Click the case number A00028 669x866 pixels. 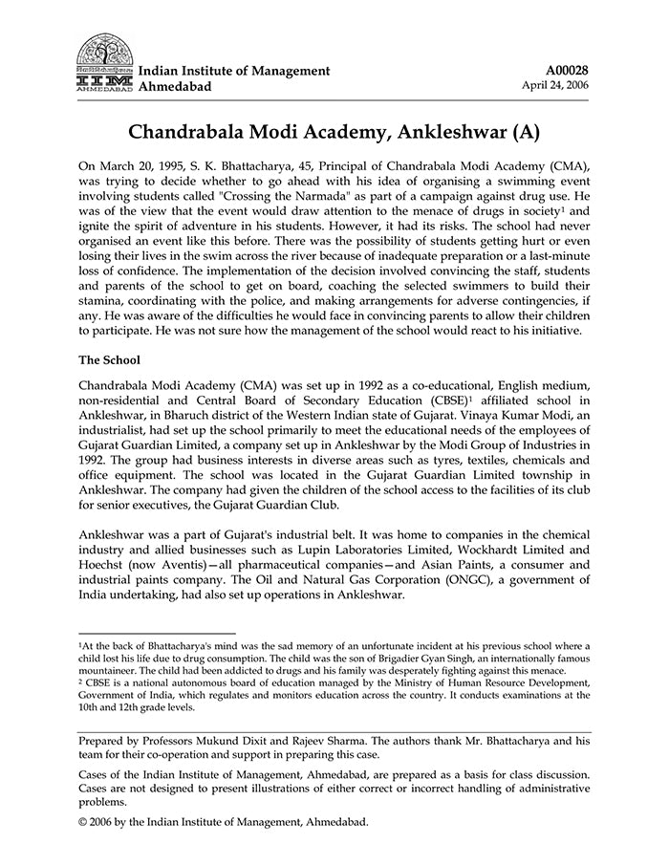567,70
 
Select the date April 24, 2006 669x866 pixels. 555,85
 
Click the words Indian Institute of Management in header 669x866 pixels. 234,71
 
